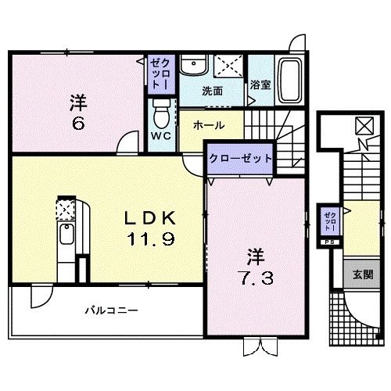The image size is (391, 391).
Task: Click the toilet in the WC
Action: (161, 116)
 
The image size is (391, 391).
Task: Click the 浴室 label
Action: (260, 86)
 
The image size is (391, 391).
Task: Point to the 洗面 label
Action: (212, 91)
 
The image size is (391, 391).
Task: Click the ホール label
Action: (208, 125)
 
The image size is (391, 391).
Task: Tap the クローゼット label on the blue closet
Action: (240, 158)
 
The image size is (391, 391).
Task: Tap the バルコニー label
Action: (111, 310)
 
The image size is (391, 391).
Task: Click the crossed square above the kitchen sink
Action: (64, 209)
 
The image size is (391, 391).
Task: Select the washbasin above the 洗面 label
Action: (192, 67)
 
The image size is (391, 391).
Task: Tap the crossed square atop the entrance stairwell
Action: (363, 125)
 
